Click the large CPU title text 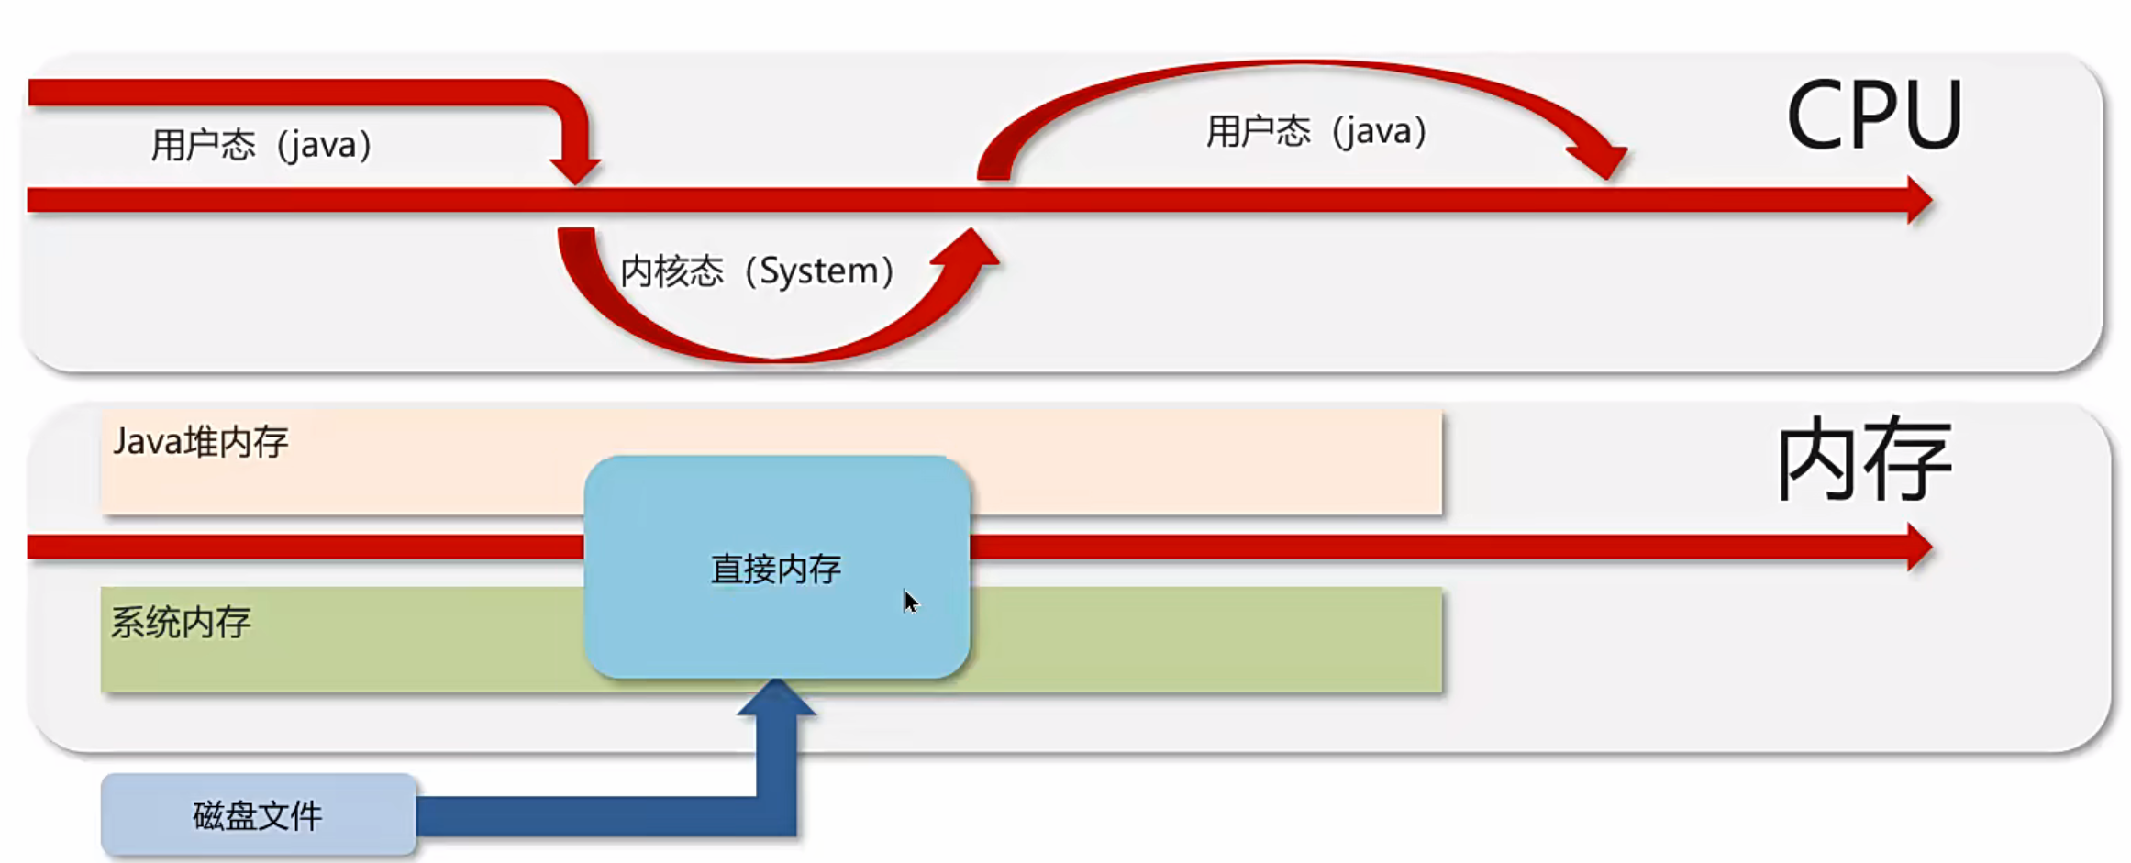1873,116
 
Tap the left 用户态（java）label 261,145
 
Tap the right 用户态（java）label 1315,131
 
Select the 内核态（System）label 757,271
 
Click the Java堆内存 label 200,442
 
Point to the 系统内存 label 181,623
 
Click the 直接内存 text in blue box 776,570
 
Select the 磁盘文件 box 258,815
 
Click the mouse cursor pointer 909,602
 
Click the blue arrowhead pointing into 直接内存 776,698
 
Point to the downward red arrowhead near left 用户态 575,170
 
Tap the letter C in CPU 1818,116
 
